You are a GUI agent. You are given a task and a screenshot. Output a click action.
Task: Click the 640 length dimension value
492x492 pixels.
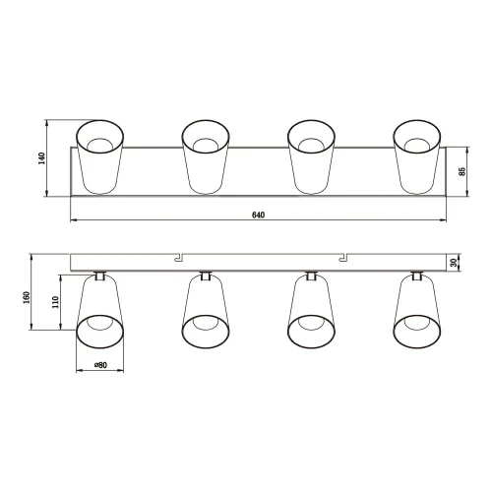(x=258, y=215)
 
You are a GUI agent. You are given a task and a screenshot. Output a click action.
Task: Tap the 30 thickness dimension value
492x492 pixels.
(x=455, y=263)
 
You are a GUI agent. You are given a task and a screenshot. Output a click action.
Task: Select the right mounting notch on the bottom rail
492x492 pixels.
(x=343, y=257)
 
